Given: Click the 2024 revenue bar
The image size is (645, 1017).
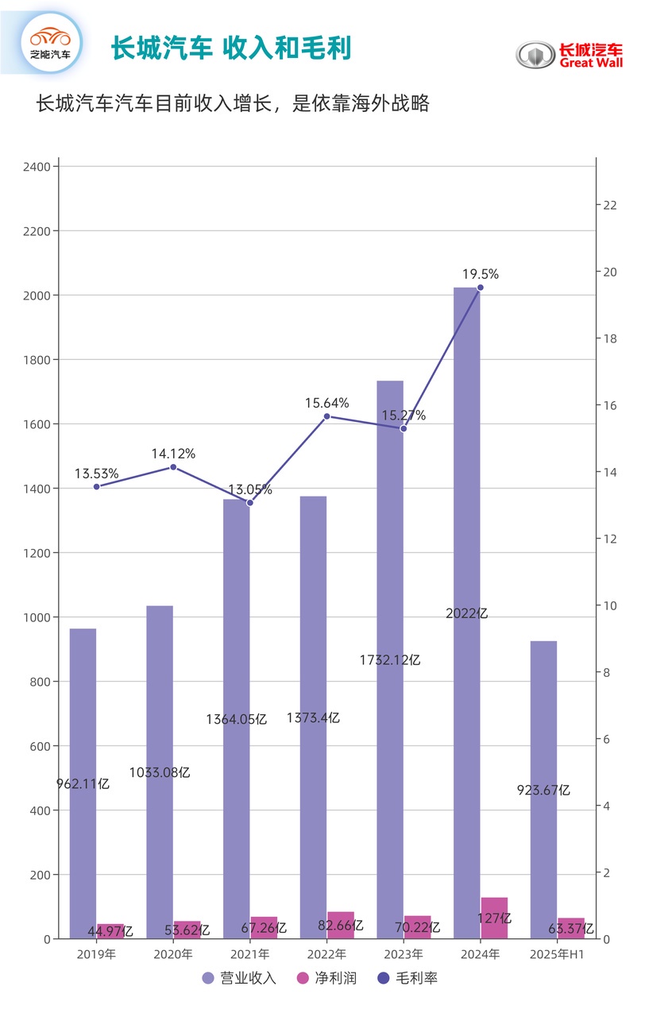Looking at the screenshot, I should click(467, 612).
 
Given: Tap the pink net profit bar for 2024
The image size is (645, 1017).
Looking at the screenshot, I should click(494, 918).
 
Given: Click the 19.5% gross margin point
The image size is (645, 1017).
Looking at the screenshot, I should click(480, 288).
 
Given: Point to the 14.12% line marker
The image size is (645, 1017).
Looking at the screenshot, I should click(173, 466).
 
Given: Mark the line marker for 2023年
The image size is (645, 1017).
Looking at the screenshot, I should click(404, 428).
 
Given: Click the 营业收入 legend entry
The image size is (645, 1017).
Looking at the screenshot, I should click(239, 978).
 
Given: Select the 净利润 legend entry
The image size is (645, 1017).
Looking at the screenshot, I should click(322, 978).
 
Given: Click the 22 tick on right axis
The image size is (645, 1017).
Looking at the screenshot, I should click(610, 205).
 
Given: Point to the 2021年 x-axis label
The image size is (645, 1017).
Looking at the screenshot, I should click(250, 953).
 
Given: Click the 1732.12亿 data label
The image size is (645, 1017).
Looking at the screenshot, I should click(389, 659).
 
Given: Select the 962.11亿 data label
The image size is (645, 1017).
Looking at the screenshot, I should click(83, 783).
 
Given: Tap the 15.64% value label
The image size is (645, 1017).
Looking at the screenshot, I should click(326, 403).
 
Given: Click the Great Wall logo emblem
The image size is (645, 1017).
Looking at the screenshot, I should click(535, 54).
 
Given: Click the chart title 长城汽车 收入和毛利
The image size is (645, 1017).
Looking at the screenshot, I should click(230, 48).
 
